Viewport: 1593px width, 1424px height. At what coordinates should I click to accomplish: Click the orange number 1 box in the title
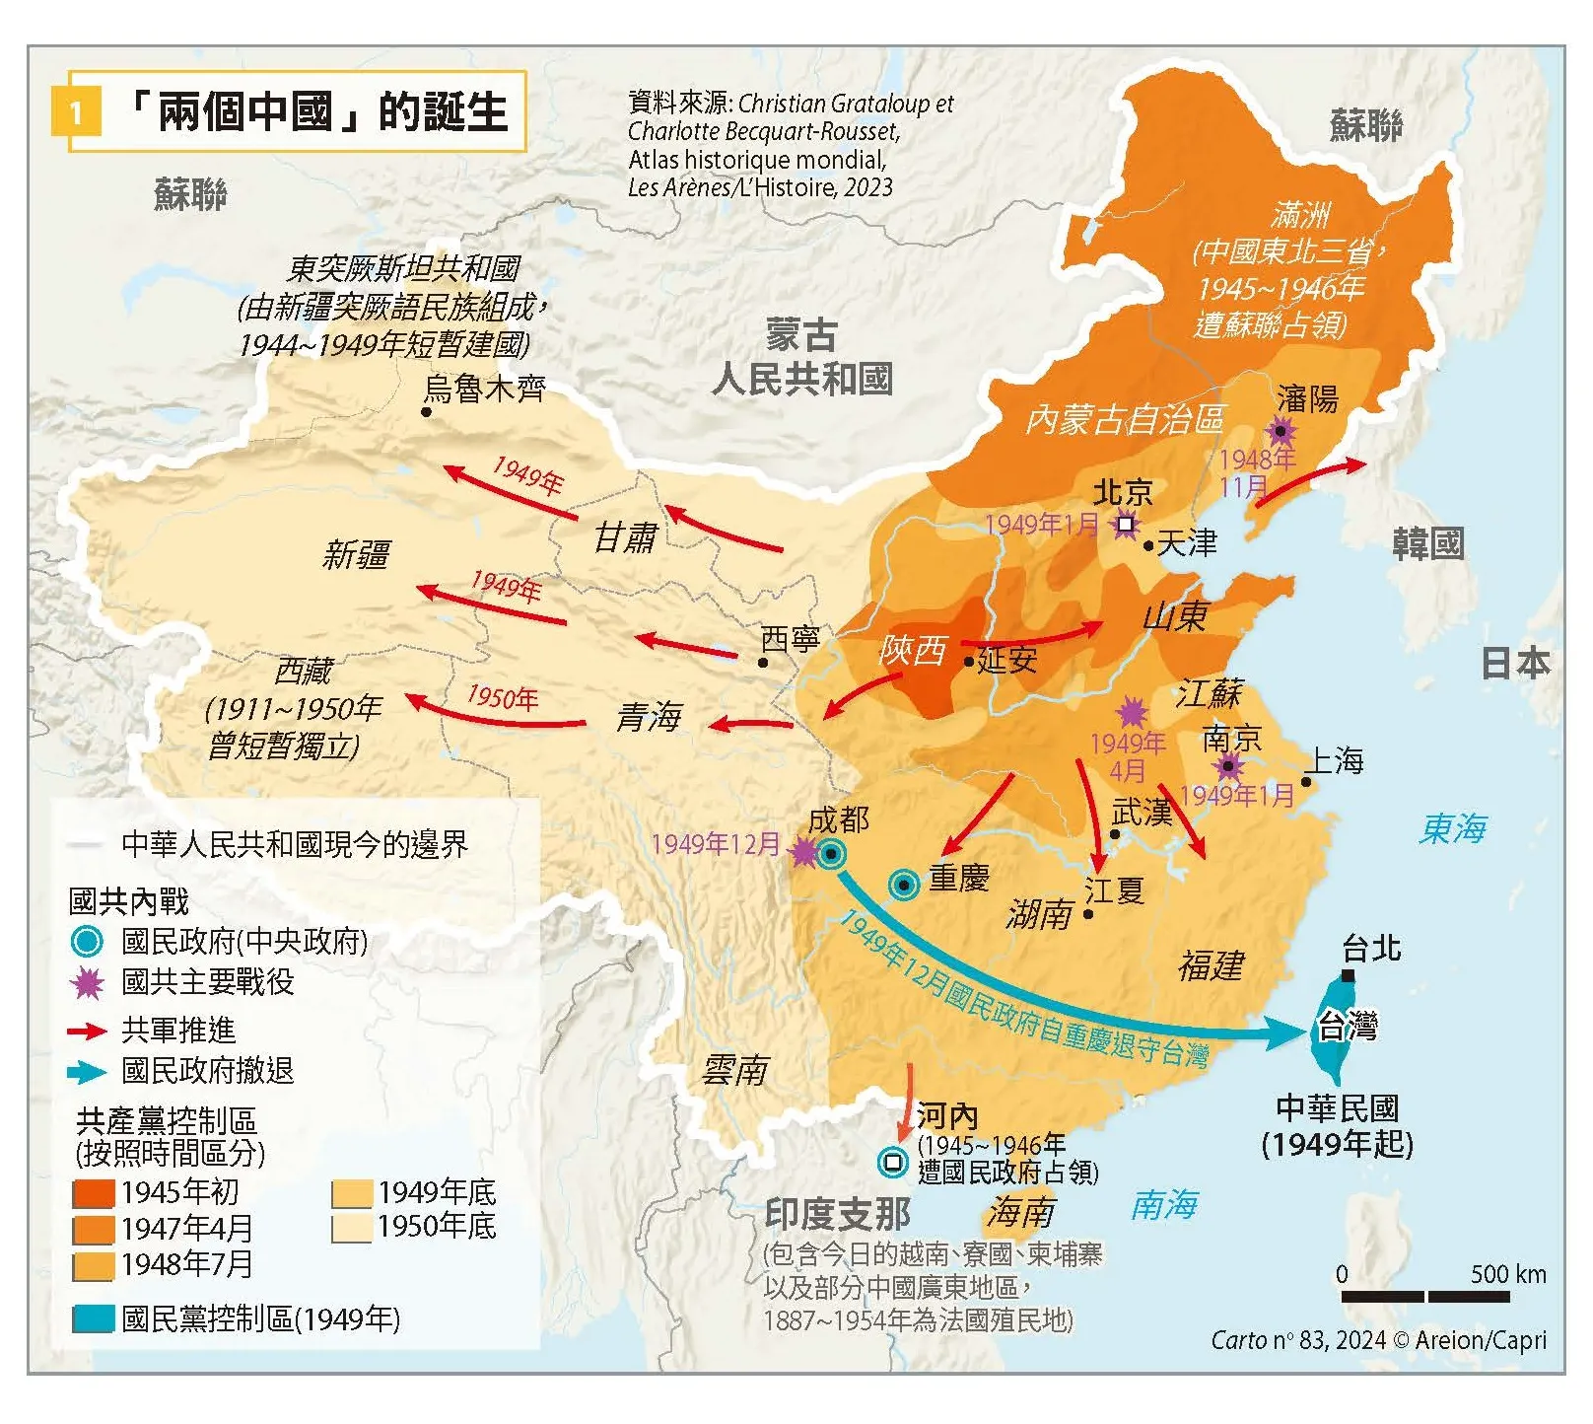point(75,111)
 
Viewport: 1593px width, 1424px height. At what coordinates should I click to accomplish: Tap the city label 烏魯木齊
point(484,390)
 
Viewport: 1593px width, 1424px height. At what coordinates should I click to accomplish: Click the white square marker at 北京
point(1125,524)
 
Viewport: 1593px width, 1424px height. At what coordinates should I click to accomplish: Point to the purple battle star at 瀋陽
point(1281,431)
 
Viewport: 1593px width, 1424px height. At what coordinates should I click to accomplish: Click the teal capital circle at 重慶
point(904,885)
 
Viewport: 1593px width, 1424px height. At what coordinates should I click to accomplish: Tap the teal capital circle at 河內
point(893,1161)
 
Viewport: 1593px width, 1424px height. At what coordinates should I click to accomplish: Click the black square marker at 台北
point(1348,975)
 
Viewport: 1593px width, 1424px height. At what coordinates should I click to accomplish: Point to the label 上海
point(1334,760)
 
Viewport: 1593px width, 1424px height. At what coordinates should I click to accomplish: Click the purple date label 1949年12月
point(716,844)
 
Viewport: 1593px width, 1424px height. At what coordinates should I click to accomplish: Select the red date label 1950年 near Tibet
point(503,697)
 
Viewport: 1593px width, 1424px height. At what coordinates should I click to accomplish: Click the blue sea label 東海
point(1453,828)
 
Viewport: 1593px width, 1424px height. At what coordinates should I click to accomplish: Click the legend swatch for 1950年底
point(351,1228)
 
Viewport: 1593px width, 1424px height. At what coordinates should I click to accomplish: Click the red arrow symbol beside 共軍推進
point(87,1032)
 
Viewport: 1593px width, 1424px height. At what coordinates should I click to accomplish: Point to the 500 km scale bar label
point(1507,1273)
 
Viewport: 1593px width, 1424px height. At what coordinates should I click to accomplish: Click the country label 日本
point(1515,663)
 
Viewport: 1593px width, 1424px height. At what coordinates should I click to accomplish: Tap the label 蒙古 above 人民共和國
point(800,335)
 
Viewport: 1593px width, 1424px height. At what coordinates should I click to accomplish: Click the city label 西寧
point(791,639)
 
